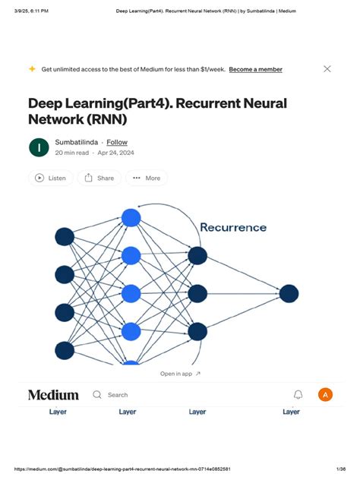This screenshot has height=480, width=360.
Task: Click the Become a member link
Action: tap(255, 69)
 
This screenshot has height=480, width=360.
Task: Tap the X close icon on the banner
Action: tap(327, 68)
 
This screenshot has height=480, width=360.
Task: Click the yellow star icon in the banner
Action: tap(32, 68)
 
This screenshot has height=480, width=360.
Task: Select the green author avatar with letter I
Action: tap(38, 147)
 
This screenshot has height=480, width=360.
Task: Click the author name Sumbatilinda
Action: tap(76, 142)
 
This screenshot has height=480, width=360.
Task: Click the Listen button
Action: tap(51, 178)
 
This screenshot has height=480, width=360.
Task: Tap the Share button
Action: tap(99, 178)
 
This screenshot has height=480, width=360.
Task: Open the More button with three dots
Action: tap(146, 178)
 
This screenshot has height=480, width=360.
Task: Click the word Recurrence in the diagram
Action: tap(233, 227)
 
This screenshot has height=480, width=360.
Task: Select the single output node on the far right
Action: tap(289, 293)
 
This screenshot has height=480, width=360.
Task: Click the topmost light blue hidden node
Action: tap(131, 218)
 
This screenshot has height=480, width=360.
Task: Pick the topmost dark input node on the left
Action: tap(65, 236)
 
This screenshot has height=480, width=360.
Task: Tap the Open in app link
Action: tap(180, 374)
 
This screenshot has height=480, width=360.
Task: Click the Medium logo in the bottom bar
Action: tap(53, 395)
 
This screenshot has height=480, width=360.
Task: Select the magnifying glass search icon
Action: tap(97, 395)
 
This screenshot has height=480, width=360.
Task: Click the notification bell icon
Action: tap(298, 395)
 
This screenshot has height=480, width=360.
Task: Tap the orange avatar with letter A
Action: tap(325, 395)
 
